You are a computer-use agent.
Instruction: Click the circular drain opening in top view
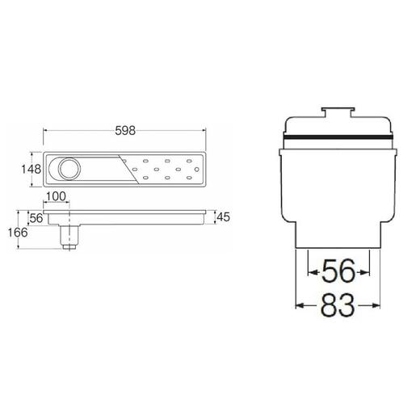coord(68,170)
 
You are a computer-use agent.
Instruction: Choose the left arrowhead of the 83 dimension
coord(300,305)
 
